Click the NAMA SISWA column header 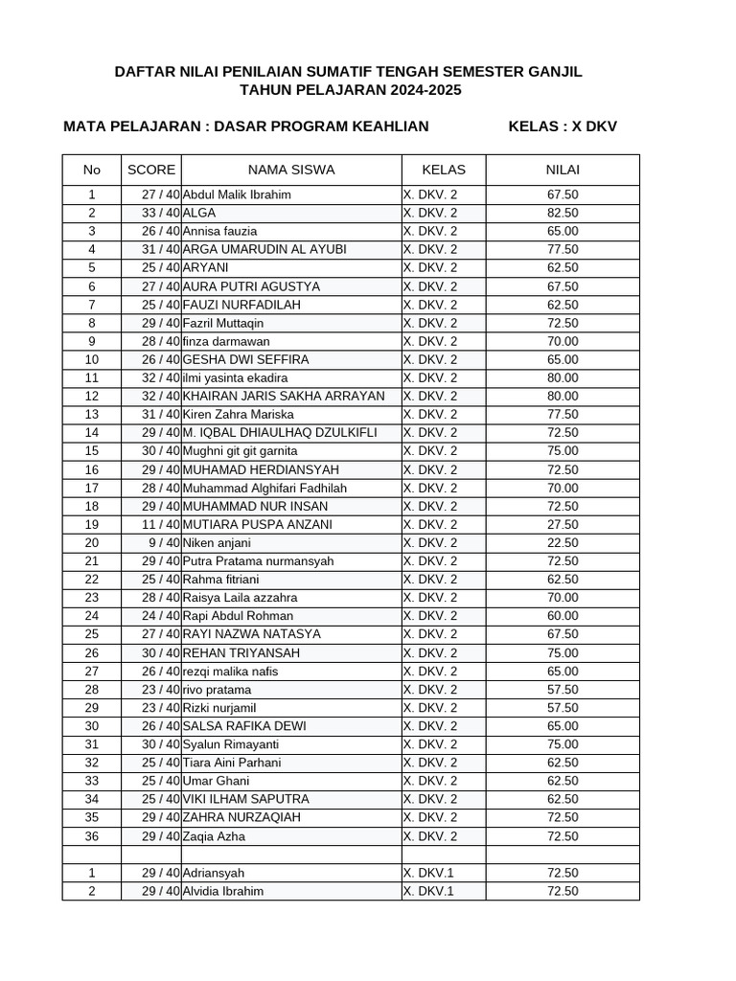click(x=291, y=170)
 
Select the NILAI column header click(x=563, y=170)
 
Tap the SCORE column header click(x=151, y=170)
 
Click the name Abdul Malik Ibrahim click(x=237, y=194)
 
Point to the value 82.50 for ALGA click(x=563, y=213)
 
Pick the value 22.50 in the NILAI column click(x=563, y=542)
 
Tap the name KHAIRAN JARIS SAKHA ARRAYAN click(x=284, y=396)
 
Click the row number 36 click(x=92, y=836)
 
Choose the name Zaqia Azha click(x=214, y=836)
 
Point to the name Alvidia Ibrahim click(x=223, y=891)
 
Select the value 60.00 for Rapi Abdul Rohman click(x=563, y=616)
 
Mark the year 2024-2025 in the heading click(x=425, y=90)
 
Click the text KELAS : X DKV click(x=563, y=126)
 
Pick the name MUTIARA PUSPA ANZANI click(x=258, y=524)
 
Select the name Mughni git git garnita click(x=241, y=450)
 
